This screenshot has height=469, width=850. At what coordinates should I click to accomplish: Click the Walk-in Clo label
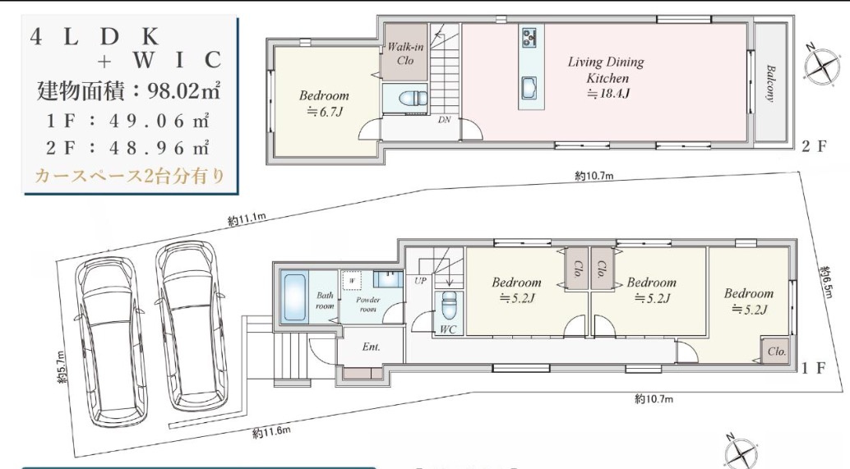405,53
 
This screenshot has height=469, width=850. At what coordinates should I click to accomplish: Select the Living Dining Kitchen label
607,70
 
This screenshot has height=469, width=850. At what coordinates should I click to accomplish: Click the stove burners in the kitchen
529,37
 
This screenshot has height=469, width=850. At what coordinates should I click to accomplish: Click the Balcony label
770,84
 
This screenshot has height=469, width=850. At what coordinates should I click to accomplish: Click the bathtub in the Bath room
294,298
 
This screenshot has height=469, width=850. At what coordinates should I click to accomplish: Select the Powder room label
368,305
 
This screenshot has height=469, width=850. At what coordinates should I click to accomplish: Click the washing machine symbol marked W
352,281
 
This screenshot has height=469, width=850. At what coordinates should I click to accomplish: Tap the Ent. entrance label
372,347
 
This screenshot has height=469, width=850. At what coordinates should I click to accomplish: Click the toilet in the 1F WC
449,306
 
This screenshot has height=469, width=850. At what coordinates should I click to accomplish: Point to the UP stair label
421,281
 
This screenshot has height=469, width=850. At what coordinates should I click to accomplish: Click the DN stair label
445,120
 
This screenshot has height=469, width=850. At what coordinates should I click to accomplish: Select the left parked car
112,340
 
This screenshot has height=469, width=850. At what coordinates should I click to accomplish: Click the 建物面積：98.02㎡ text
128,90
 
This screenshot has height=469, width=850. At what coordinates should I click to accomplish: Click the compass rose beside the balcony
822,67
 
